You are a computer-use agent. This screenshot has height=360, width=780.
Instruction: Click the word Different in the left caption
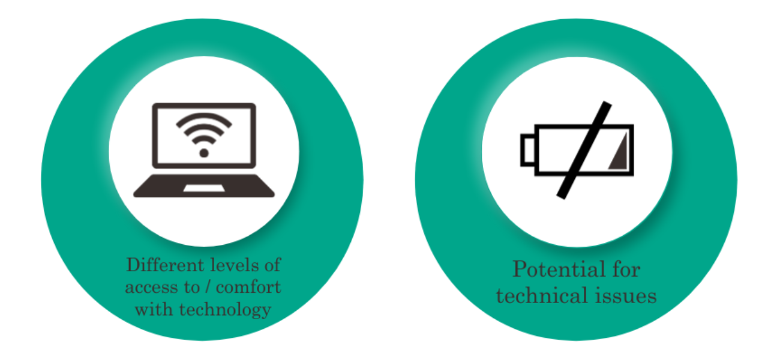(165, 265)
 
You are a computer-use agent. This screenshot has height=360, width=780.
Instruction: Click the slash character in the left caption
(208, 287)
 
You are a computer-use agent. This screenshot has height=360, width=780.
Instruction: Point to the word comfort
(248, 287)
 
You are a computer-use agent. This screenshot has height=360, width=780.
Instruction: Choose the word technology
(225, 310)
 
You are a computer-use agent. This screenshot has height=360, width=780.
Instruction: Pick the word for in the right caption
(626, 269)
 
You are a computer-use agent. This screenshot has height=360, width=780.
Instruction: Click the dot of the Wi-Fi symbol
(204, 153)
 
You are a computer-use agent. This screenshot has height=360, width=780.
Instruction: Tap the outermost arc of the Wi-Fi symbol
(204, 119)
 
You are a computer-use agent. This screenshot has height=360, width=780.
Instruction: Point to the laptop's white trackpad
(204, 188)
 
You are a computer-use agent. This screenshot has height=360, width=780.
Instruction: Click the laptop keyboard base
(204, 186)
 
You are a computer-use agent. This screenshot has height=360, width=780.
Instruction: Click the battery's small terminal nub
(528, 150)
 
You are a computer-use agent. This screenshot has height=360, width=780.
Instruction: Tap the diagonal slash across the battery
(584, 150)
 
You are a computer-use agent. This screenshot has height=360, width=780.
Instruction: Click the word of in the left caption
(272, 265)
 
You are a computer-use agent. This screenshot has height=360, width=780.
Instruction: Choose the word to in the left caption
(192, 287)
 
